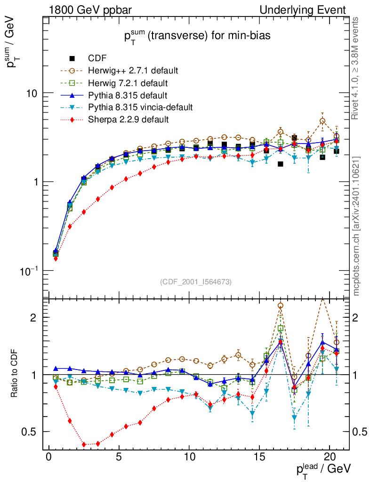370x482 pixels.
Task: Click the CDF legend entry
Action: pyautogui.click(x=97, y=58)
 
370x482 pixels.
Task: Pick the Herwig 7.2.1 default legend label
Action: pyautogui.click(x=128, y=83)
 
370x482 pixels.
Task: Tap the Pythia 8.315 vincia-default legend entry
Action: pyautogui.click(x=140, y=107)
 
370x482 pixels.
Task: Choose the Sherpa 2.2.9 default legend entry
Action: pyautogui.click(x=128, y=120)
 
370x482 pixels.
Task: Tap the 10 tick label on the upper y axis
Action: pyautogui.click(x=32, y=93)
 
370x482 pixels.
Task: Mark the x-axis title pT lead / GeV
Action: pyautogui.click(x=323, y=469)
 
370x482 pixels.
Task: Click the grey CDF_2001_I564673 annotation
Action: pyautogui.click(x=196, y=282)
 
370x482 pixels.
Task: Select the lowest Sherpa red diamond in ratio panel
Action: pyautogui.click(x=84, y=444)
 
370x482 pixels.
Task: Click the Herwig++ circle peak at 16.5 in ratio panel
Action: pyautogui.click(x=280, y=305)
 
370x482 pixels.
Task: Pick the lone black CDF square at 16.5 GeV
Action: pyautogui.click(x=280, y=164)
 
